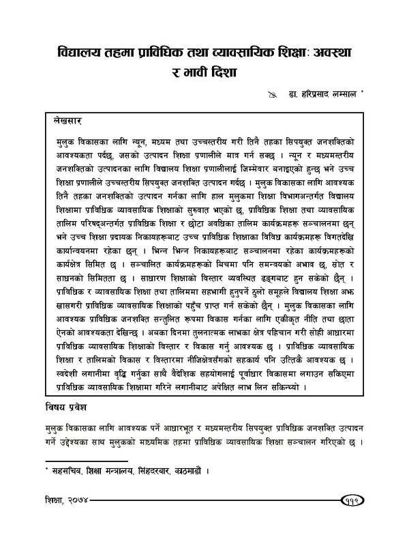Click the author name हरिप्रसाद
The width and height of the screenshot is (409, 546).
(305, 96)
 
